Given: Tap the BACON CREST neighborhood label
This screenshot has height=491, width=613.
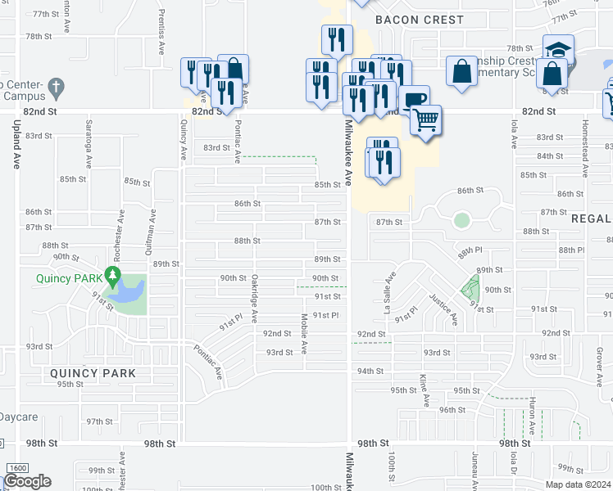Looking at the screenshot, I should [419, 20].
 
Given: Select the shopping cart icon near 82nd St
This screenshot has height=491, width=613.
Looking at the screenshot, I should [425, 120].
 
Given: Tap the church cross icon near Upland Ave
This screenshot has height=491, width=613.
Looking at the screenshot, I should [56, 86].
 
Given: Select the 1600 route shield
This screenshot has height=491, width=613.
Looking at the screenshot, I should [16, 467].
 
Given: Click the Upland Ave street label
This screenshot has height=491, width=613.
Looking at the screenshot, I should [16, 144].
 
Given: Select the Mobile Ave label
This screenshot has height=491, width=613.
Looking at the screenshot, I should [304, 333].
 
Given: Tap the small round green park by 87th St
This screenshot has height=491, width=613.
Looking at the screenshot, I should [461, 220].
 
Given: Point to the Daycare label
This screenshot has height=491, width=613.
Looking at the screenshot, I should [19, 417].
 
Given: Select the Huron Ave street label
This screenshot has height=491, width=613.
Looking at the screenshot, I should [532, 417].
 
